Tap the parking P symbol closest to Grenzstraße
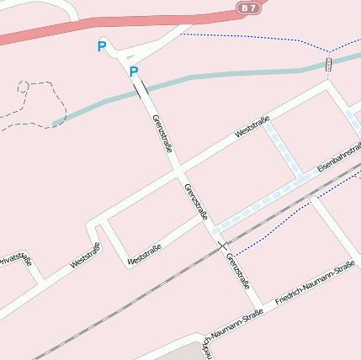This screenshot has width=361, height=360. [x=133, y=71]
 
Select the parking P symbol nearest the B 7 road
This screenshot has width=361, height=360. [x=102, y=47]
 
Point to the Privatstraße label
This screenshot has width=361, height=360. [x=14, y=260]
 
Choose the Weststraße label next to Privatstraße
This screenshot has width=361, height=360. [x=85, y=255]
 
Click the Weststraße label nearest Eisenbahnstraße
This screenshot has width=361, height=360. [x=252, y=127]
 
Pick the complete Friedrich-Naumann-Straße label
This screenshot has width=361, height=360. [x=316, y=282]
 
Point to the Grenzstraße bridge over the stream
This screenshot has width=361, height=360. [x=140, y=88]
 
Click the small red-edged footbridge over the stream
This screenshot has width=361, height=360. [x=328, y=65]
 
